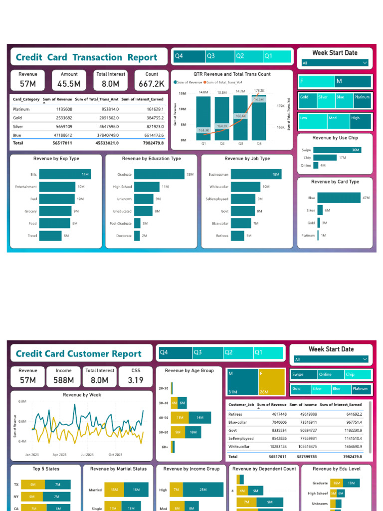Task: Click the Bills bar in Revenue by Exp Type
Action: click(64, 174)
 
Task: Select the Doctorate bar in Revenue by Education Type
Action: click(137, 236)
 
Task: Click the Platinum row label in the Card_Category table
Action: click(21, 109)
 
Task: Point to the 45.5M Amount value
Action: click(69, 84)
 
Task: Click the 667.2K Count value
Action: click(152, 84)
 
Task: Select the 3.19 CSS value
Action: click(136, 380)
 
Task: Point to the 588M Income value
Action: click(64, 380)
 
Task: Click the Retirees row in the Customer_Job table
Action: click(235, 414)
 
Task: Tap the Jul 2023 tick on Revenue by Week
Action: click(87, 455)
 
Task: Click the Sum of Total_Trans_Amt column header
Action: click(97, 99)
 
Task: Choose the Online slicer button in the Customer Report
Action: click(325, 374)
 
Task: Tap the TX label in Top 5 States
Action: click(16, 485)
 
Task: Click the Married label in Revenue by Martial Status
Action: click(95, 490)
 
